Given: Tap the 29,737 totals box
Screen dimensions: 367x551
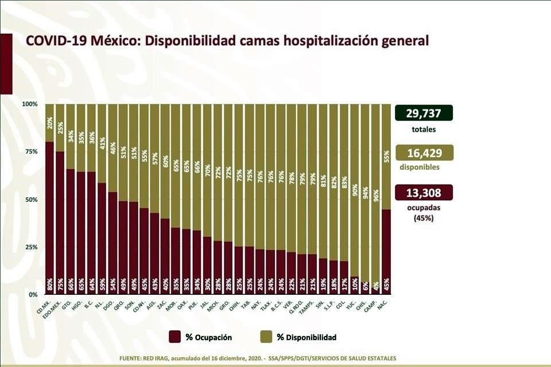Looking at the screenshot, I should coord(424,113).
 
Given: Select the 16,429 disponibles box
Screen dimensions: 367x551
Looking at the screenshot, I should coord(424,153).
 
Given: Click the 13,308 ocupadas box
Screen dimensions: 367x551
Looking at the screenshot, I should coord(424,192).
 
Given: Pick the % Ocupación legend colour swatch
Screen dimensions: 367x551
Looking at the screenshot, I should coord(176,337).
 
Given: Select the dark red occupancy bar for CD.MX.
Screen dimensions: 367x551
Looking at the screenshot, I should coord(50,218).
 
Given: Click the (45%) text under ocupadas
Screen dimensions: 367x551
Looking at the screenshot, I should coord(424,217).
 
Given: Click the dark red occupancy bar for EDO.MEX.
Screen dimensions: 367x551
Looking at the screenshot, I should coord(60,224).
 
